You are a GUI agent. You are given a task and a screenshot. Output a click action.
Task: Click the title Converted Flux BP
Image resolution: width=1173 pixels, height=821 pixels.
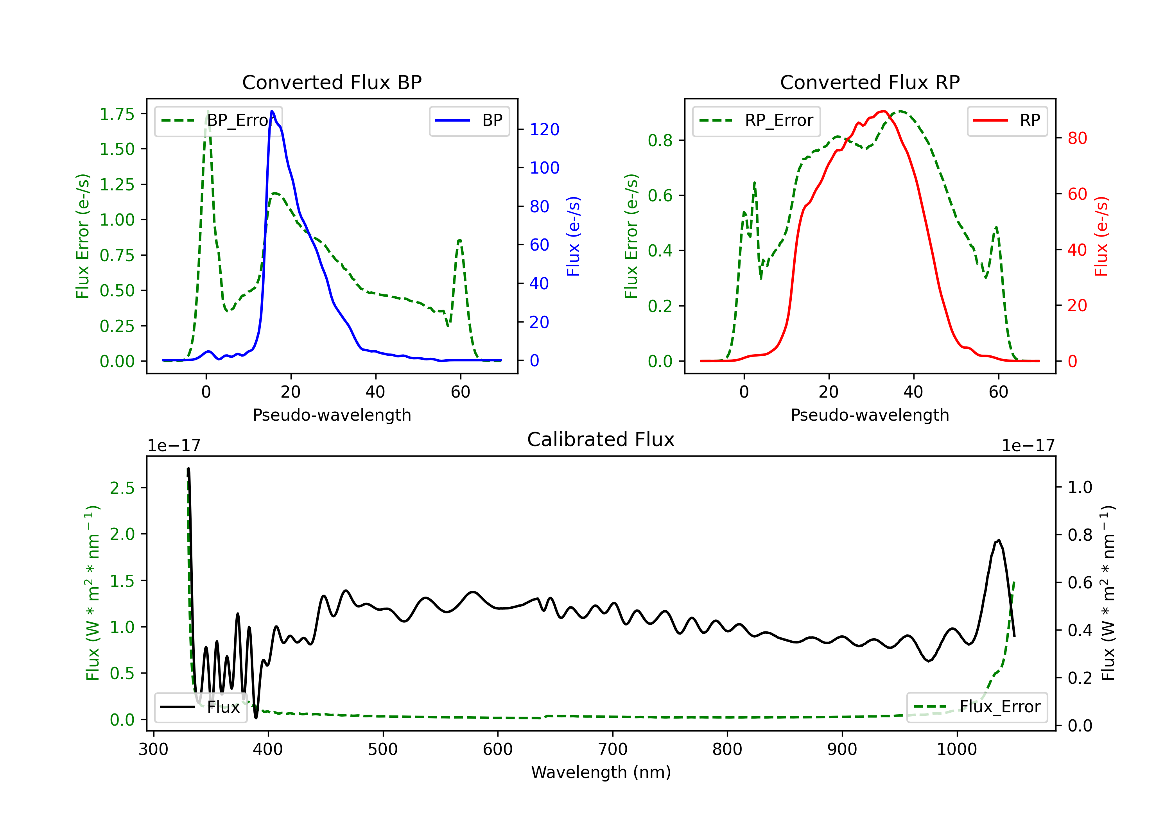[332, 82]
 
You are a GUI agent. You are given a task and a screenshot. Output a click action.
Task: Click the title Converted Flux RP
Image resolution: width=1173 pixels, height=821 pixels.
[870, 82]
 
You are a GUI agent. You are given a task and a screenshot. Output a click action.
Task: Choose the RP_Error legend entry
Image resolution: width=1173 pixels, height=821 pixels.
[756, 120]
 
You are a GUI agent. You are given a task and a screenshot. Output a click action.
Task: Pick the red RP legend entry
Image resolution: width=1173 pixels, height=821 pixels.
[1007, 120]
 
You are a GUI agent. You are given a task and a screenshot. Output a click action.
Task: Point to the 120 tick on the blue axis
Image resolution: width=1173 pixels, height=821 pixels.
[544, 130]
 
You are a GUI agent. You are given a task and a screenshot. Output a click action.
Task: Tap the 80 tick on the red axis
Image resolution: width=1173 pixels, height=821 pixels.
[1077, 138]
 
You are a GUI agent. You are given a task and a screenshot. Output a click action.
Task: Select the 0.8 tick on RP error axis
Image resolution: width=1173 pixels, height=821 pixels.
[660, 140]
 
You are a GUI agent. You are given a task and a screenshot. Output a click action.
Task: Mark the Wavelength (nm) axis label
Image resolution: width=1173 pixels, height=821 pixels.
[601, 772]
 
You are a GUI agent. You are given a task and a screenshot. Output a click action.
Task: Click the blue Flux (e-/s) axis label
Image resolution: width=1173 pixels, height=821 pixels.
[573, 236]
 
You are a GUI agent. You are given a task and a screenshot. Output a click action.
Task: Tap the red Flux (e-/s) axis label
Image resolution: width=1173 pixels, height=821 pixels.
[1101, 236]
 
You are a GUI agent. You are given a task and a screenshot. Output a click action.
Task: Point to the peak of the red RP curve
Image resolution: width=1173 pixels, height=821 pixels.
[883, 111]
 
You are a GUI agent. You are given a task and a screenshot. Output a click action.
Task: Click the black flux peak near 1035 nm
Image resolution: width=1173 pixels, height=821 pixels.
[998, 540]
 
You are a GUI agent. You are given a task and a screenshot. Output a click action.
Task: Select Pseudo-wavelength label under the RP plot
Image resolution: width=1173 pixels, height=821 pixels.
[870, 415]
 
